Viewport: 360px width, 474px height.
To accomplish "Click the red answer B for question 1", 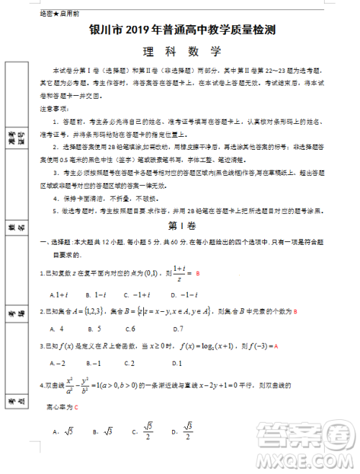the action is (197, 274).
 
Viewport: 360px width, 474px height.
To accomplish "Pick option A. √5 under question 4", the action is (63, 431).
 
